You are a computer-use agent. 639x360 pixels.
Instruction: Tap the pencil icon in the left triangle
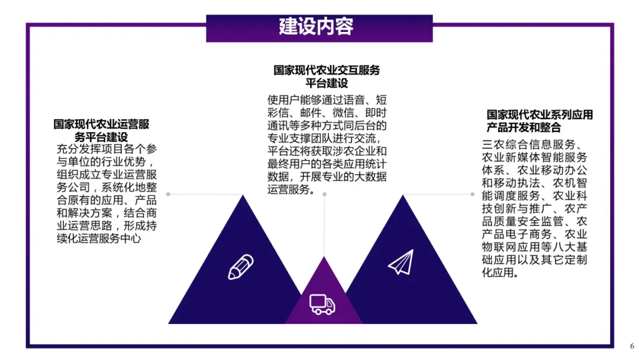click(x=241, y=267)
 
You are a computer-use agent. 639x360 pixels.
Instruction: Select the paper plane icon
click(x=401, y=262)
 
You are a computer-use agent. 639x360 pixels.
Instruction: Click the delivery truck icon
click(x=322, y=304)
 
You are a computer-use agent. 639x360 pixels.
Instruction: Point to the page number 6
click(x=631, y=346)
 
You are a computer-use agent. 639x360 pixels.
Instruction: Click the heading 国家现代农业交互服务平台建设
click(x=327, y=76)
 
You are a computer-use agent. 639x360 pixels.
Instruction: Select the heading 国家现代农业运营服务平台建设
click(x=101, y=131)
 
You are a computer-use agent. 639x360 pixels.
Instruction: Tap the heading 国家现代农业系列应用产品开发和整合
click(x=539, y=121)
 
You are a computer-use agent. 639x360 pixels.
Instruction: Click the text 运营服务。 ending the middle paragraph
click(x=291, y=190)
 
